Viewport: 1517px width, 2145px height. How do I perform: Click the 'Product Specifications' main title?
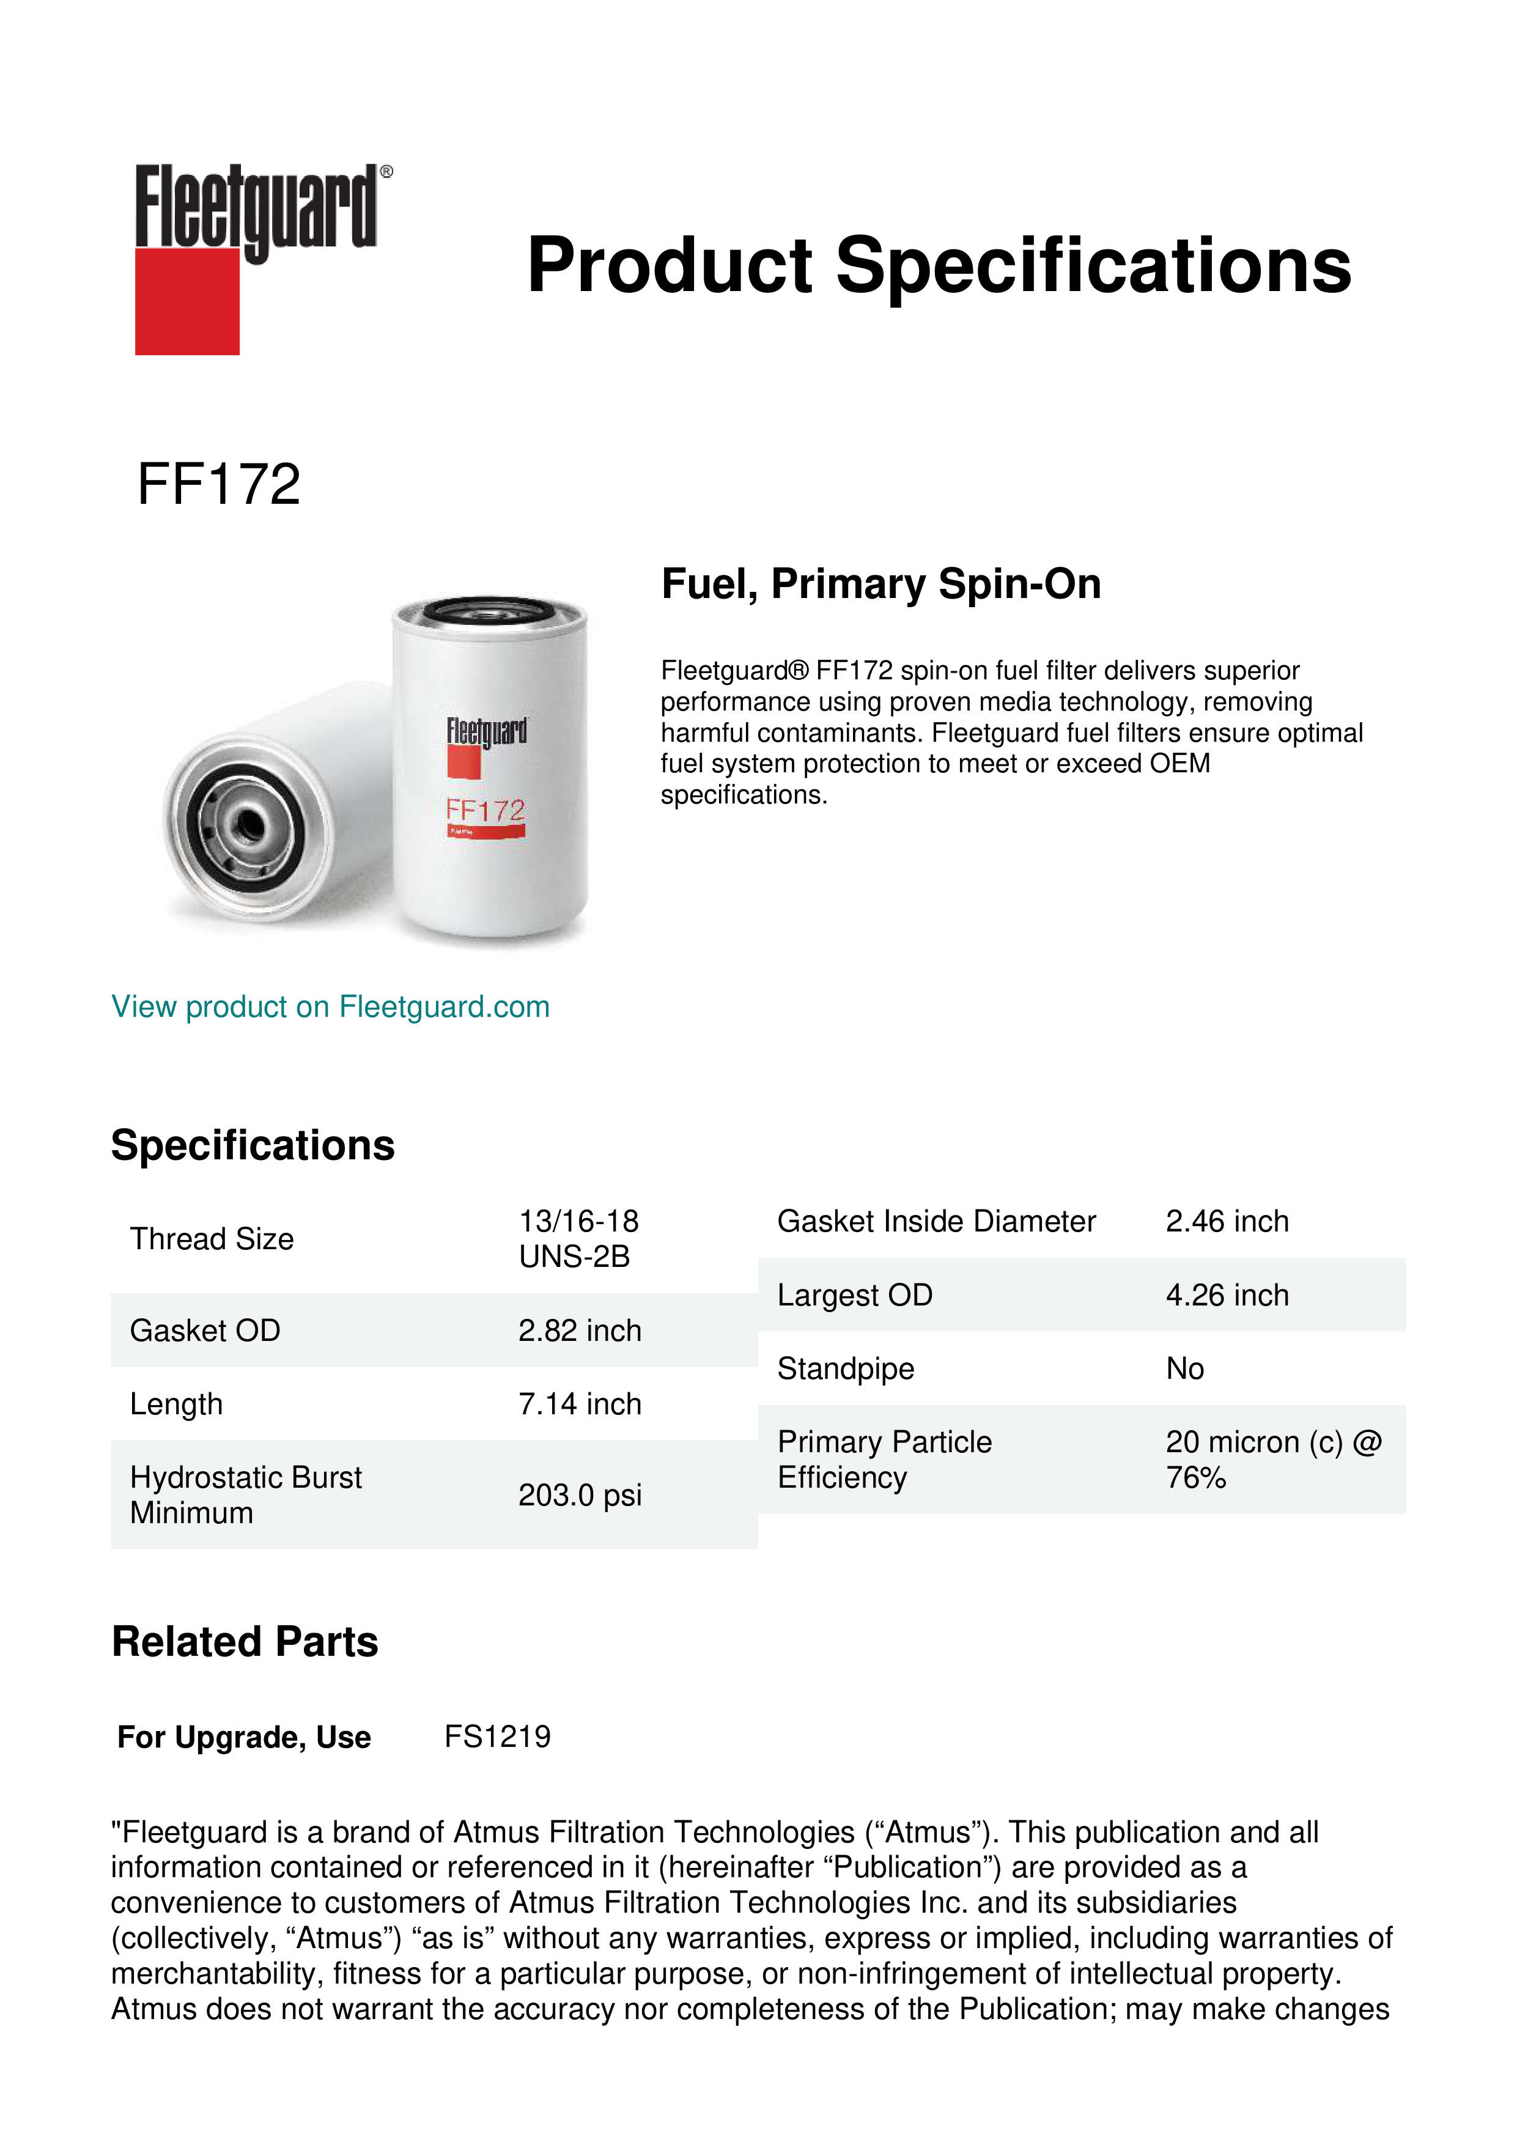click(939, 265)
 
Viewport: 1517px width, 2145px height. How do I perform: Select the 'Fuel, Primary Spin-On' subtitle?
click(881, 584)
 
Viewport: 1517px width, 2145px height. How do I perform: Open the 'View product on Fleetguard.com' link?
click(330, 1006)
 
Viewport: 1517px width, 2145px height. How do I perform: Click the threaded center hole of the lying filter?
click(248, 825)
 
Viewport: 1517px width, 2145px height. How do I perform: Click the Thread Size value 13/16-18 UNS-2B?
click(578, 1239)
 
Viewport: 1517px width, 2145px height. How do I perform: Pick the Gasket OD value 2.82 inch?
click(579, 1331)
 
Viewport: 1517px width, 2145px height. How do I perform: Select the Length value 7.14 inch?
click(579, 1403)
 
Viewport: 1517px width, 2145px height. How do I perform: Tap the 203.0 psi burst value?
click(579, 1495)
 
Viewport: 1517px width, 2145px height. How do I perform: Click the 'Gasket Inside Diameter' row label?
click(936, 1221)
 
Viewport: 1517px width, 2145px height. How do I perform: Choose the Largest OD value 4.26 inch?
click(1227, 1295)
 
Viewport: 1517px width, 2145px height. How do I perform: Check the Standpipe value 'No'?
click(1184, 1368)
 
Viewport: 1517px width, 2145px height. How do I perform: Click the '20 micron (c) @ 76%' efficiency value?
click(1272, 1460)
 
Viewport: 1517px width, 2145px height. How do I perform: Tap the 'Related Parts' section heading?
click(245, 1641)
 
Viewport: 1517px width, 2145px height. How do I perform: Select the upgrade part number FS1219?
click(497, 1737)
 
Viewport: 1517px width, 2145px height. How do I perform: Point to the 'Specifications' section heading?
click(252, 1145)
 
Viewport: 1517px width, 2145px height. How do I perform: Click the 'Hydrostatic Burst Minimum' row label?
click(245, 1495)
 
